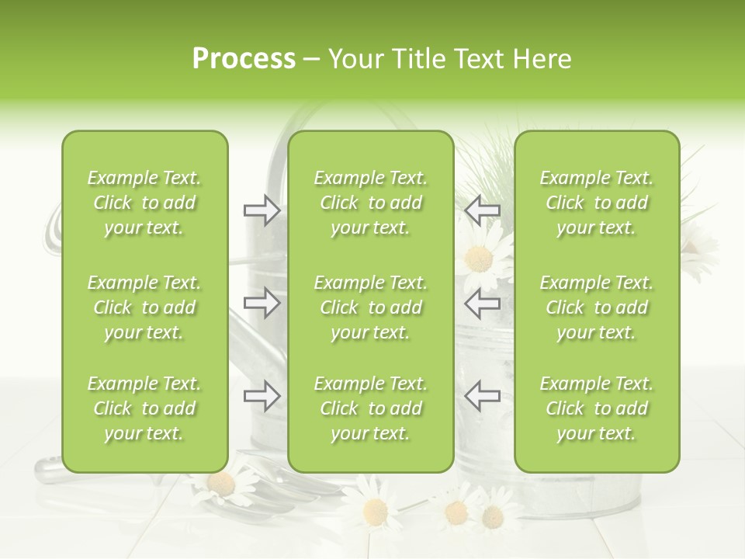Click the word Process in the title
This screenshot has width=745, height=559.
(x=244, y=59)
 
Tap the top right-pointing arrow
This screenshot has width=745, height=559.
(x=262, y=210)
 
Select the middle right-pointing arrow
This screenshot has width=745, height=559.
(x=262, y=303)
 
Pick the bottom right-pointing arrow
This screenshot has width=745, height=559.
(x=262, y=395)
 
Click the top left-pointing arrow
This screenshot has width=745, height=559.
(x=483, y=210)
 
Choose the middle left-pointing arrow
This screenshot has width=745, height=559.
(x=483, y=303)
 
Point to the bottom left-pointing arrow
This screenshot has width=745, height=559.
(x=483, y=395)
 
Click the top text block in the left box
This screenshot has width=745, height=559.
(x=144, y=203)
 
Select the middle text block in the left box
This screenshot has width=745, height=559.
(x=144, y=307)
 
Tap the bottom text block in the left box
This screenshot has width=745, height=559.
(x=144, y=408)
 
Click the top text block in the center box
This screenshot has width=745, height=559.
(x=370, y=203)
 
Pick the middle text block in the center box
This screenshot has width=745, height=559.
(x=370, y=307)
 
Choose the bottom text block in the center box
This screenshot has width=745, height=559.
(x=370, y=408)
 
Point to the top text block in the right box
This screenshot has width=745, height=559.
(x=597, y=203)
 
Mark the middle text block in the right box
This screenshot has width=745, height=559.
(x=597, y=307)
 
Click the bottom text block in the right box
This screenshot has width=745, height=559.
(x=597, y=408)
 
